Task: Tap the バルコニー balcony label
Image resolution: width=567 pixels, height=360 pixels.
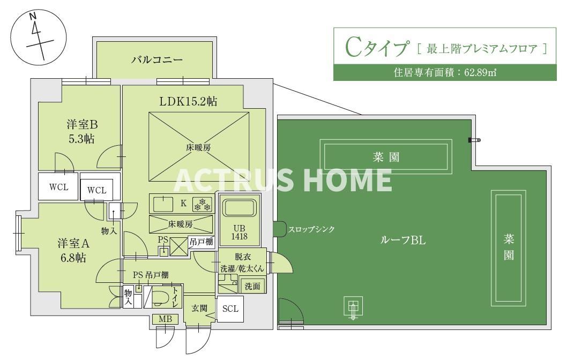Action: point(157,59)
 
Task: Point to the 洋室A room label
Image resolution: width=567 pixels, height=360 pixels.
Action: point(74,243)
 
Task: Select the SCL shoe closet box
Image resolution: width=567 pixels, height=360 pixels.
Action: point(230,309)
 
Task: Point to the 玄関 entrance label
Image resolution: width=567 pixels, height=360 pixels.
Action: point(199,309)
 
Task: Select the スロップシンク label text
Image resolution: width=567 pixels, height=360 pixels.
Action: point(311,229)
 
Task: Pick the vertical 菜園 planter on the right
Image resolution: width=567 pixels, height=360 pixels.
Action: point(508,247)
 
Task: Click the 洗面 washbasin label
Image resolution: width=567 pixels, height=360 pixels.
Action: point(252,287)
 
